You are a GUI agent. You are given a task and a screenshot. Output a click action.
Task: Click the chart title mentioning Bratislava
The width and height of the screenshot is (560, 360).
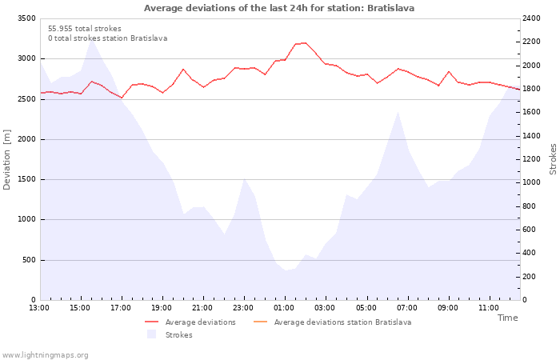(279, 8)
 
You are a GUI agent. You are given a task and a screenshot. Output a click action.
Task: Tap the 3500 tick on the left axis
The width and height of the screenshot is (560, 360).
(26, 18)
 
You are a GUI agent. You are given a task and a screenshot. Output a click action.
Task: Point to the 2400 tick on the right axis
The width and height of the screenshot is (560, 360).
(531, 18)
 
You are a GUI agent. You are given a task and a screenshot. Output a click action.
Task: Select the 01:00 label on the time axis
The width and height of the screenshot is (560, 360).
(285, 308)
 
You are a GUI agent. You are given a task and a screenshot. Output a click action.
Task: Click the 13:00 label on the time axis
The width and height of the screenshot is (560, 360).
(39, 308)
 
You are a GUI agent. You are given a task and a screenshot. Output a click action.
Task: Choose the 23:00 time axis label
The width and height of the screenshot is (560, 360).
(243, 308)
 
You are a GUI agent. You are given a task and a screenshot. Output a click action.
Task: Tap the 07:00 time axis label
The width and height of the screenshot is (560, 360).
(407, 308)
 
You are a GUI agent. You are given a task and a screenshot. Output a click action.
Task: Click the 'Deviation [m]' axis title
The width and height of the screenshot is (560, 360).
(6, 159)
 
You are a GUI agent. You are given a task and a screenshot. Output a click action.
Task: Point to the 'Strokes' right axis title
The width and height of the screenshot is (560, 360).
(553, 159)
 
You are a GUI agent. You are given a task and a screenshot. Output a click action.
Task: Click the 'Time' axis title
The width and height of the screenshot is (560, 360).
(507, 318)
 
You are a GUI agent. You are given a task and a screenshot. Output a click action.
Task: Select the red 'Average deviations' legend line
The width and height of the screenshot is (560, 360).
(151, 322)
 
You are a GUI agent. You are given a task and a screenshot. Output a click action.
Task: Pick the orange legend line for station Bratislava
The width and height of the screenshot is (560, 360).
(260, 322)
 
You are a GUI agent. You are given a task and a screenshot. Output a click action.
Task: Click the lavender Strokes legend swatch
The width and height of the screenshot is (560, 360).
(151, 334)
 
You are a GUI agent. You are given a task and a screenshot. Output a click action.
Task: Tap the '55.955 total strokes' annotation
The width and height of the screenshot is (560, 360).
(85, 29)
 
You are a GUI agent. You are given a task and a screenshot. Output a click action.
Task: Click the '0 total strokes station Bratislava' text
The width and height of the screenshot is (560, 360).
(108, 38)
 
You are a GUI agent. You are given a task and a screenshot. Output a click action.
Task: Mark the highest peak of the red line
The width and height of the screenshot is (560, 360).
(304, 43)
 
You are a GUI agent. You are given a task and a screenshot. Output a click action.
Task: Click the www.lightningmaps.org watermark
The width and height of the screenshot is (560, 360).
(45, 355)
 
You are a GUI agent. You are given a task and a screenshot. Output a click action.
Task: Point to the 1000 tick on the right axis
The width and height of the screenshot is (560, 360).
(531, 182)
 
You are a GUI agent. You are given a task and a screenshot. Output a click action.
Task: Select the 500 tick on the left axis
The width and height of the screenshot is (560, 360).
(29, 260)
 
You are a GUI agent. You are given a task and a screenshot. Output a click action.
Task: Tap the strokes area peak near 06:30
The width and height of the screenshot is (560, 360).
(398, 112)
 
